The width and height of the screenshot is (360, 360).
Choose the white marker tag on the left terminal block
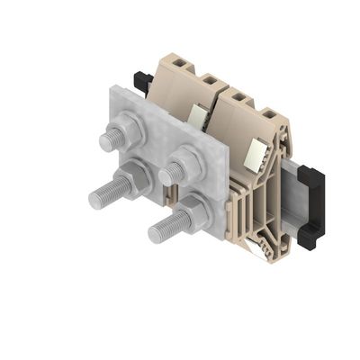point(198,114)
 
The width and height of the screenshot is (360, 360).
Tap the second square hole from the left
point(206,79)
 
